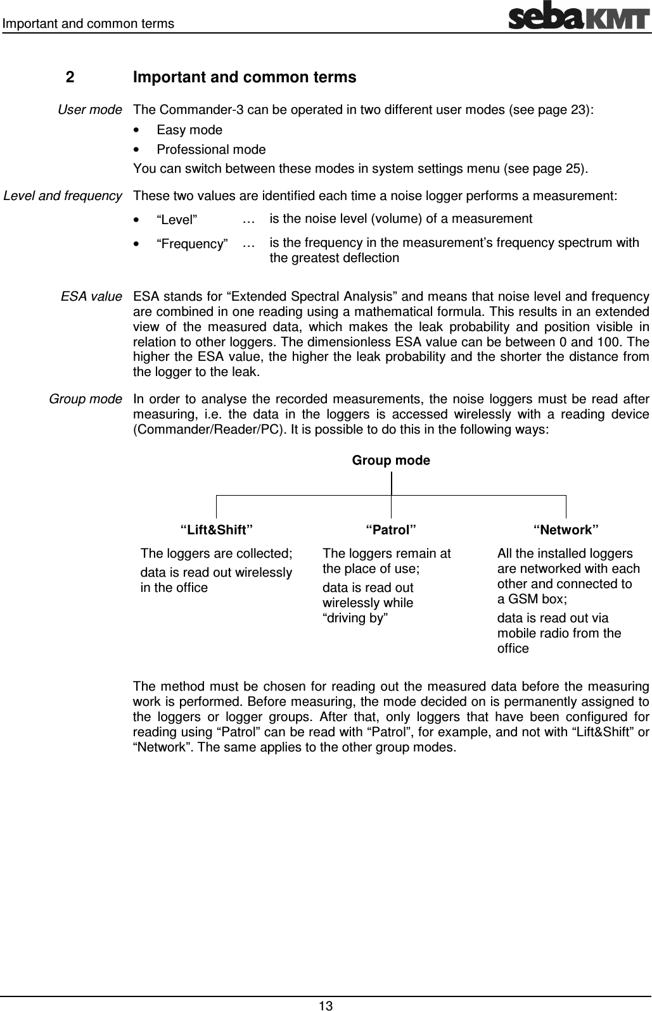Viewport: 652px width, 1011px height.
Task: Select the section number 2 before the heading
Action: coord(70,78)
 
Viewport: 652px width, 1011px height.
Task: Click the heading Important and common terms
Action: coord(245,78)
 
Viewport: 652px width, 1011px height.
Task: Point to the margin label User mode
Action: coord(89,110)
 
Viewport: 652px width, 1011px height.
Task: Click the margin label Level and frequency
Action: coord(63,196)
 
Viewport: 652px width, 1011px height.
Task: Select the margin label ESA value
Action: coord(91,296)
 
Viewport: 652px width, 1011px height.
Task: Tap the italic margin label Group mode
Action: coord(86,399)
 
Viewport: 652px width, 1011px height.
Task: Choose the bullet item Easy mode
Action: coord(189,130)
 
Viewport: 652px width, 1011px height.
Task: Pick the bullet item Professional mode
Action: coord(211,150)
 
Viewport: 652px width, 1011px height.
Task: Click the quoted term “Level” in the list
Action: coord(177,220)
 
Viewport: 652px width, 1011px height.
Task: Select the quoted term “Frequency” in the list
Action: coord(193,244)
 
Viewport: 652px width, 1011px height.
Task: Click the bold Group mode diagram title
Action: coord(390,461)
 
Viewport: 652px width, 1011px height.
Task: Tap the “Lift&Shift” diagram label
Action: coord(217,529)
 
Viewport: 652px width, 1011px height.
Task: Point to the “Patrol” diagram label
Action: coord(391,529)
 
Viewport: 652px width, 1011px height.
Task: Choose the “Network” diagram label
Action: coord(566,529)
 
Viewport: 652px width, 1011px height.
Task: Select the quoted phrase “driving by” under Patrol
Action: coord(355,619)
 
